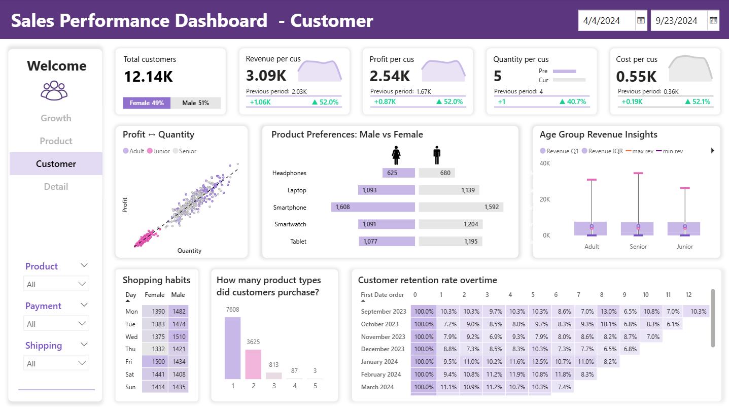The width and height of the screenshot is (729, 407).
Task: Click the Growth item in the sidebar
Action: pos(56,118)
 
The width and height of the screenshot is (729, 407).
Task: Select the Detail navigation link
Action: pos(56,187)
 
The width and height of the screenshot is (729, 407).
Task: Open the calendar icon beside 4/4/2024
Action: pos(641,20)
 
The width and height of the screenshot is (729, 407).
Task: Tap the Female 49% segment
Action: pos(147,103)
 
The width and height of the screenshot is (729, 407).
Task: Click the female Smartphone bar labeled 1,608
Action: pos(373,207)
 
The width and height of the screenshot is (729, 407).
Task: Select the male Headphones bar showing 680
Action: pos(437,173)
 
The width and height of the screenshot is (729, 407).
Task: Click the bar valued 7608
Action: pos(232,348)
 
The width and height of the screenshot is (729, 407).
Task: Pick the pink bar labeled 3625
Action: pos(253,364)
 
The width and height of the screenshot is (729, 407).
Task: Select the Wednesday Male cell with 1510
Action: pos(178,336)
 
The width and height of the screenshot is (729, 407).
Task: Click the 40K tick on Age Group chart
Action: pos(545,163)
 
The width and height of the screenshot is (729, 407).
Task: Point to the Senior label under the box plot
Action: pos(638,247)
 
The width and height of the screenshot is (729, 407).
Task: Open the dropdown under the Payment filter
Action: pos(56,324)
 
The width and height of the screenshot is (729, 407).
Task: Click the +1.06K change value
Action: pos(260,101)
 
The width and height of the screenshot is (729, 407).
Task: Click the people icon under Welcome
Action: pos(54,90)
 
